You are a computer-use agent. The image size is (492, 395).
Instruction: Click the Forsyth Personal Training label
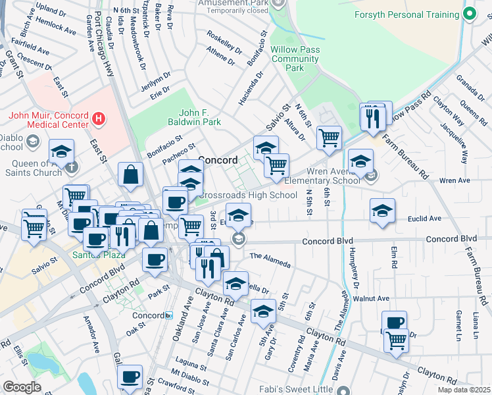coord(406,15)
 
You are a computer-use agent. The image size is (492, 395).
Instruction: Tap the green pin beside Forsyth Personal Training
coord(470,14)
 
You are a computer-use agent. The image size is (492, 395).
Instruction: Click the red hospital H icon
coord(98,119)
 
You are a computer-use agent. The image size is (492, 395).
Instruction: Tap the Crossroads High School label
coord(247,195)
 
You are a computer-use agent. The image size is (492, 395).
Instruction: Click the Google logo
coord(22,387)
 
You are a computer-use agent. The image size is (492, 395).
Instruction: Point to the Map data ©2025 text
coord(464,390)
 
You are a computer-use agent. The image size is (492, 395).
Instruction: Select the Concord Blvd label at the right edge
coord(451,238)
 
